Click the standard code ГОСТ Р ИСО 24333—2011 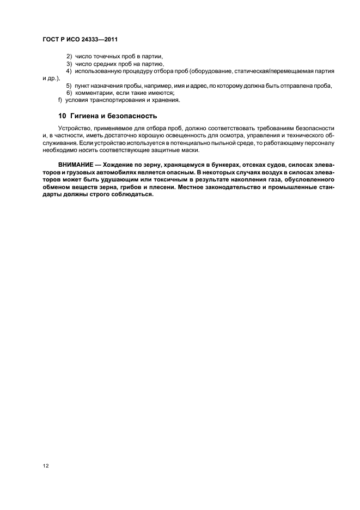(x=80, y=40)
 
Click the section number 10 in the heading (x=62, y=116)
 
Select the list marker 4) (x=69, y=71)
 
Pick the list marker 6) (x=69, y=93)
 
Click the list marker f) (x=60, y=100)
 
